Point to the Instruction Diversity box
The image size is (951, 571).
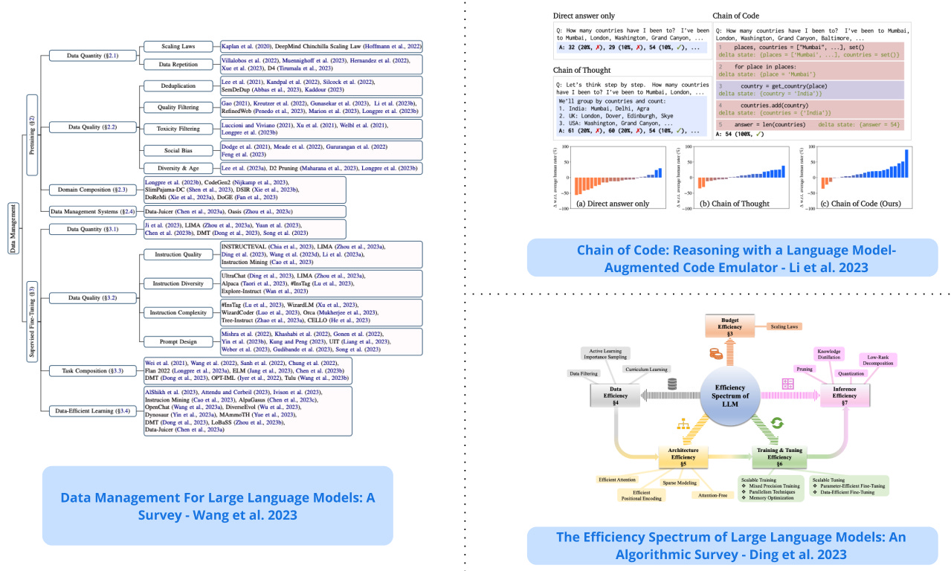tap(178, 283)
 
